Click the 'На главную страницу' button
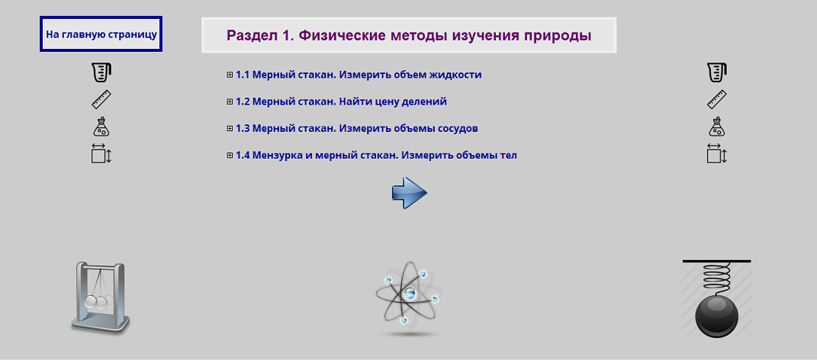101,34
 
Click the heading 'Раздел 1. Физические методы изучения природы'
409,35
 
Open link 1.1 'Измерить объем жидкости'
359,75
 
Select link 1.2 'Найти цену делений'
341,101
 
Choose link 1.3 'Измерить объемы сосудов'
357,128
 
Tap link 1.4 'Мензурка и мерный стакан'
376,156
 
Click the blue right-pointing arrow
409,193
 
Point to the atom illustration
409,297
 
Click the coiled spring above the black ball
716,275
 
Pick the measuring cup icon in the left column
101,72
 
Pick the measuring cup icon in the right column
716,72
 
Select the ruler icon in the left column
101,100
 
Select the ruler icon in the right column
716,100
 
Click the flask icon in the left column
101,127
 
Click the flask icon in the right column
716,127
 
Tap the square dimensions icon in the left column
101,154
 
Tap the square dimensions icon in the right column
716,154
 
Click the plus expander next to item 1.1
230,75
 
